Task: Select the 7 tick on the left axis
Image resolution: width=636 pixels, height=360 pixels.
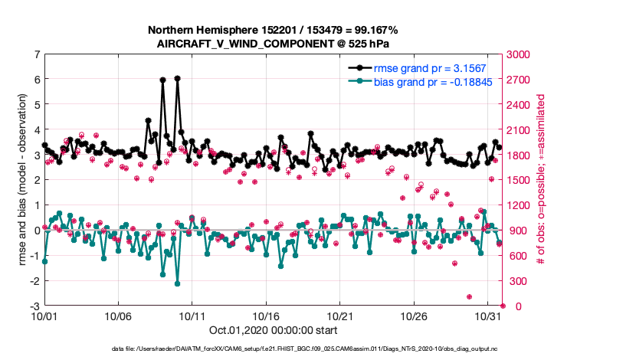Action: click(x=36, y=54)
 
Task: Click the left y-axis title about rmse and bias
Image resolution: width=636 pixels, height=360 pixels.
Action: click(x=15, y=180)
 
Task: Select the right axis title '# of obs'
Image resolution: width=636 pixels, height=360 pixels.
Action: click(x=541, y=180)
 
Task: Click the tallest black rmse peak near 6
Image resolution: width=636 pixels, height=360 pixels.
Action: click(x=177, y=78)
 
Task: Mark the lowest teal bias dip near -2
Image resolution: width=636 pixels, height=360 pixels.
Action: click(x=177, y=283)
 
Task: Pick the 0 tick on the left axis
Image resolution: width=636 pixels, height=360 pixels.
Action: click(x=36, y=231)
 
